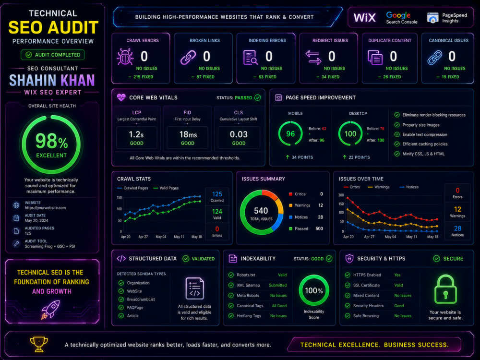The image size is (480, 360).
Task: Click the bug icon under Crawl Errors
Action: (125, 57)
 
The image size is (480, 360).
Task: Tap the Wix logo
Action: (365, 17)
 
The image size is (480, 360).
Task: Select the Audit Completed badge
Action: (53, 55)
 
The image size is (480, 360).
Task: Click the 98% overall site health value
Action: (51, 141)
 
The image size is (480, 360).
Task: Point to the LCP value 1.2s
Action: (136, 134)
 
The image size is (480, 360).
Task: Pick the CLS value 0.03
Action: (239, 134)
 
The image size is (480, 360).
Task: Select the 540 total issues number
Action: (261, 211)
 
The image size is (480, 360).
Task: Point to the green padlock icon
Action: (445, 289)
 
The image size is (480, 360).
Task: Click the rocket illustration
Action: (50, 310)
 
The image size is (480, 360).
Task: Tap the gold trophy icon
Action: (39, 344)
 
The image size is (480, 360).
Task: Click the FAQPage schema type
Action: (135, 308)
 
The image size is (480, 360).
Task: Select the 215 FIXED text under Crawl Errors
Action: (143, 77)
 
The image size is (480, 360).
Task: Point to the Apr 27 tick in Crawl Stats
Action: (143, 237)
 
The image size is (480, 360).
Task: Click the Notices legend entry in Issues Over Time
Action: (409, 187)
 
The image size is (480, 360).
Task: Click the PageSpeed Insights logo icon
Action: (432, 18)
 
